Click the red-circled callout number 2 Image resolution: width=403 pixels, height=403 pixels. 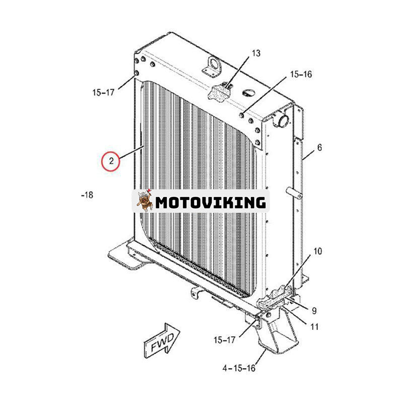(x=110, y=161)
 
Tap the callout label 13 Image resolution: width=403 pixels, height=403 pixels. (x=256, y=53)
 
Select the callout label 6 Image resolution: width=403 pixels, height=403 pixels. (x=319, y=148)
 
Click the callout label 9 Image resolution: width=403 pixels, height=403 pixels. (x=314, y=310)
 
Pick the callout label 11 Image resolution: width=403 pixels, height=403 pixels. (x=314, y=326)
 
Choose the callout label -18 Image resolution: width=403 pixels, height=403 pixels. (x=87, y=194)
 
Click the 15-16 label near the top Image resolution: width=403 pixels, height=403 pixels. (x=301, y=75)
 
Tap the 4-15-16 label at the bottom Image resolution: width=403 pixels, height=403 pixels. (x=239, y=368)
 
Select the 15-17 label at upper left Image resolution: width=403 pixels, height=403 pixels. (x=103, y=93)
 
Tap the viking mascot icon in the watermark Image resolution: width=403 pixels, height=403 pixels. (x=144, y=201)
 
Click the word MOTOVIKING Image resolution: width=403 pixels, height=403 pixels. (x=210, y=203)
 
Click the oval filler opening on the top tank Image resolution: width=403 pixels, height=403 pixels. (x=249, y=93)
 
